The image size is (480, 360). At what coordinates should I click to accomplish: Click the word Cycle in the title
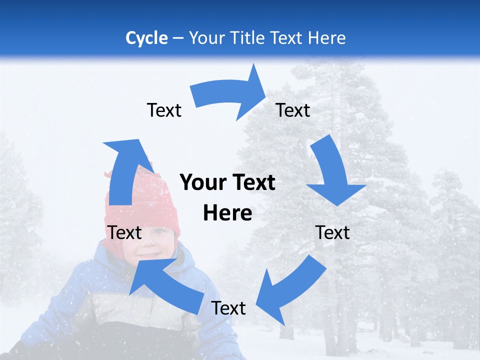pos(146,38)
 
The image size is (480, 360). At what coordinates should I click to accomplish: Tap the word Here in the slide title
pos(325,38)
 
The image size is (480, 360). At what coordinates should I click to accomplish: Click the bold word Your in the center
pos(202,182)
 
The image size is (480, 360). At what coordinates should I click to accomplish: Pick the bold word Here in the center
pos(227,213)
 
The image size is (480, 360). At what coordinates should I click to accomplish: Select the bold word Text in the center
pos(253,182)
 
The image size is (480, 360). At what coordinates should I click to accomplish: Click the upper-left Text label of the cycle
pos(164,110)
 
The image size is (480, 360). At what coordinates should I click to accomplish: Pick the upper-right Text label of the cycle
pos(293,110)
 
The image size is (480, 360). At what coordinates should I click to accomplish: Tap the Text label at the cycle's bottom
pos(228,308)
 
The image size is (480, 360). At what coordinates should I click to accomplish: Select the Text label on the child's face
pos(125,232)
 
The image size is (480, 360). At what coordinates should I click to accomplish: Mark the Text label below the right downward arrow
pos(332,232)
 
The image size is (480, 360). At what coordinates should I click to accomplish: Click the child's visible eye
pos(159,231)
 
